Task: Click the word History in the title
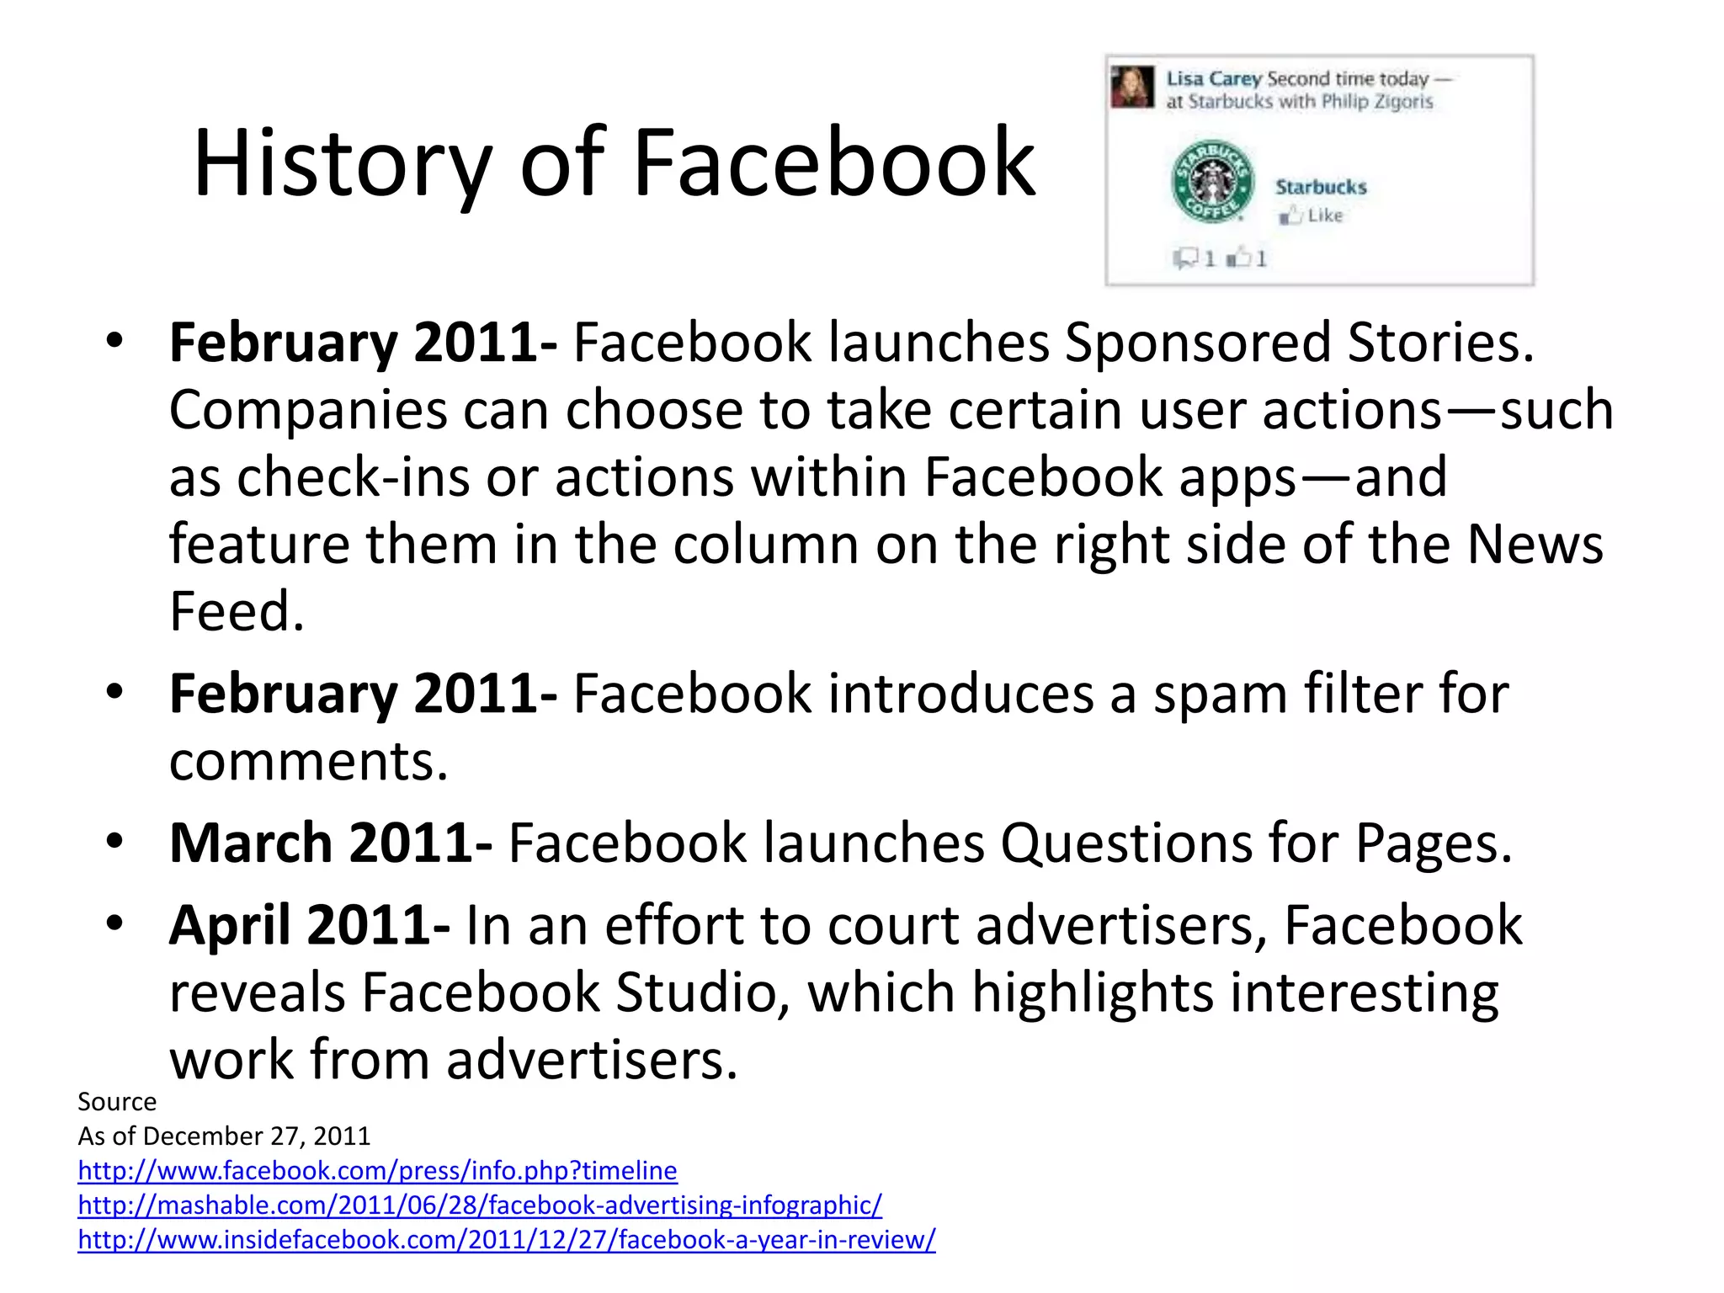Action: point(341,164)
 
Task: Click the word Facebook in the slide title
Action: point(833,162)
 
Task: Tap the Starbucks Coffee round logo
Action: point(1212,182)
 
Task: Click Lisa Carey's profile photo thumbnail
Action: point(1132,88)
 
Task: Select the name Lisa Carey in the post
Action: point(1213,79)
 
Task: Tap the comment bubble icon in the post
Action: point(1185,258)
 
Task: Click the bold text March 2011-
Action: point(331,843)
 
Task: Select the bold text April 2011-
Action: point(309,925)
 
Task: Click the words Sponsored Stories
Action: point(1299,343)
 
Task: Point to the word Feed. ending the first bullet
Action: point(237,611)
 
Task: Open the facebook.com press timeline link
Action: point(377,1171)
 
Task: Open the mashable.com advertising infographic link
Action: point(480,1205)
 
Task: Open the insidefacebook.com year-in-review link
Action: point(506,1240)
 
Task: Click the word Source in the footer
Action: point(117,1102)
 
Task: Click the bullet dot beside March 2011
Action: point(115,841)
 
